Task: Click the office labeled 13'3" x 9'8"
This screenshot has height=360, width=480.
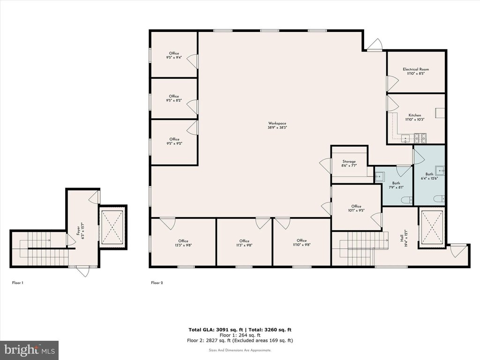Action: click(183, 243)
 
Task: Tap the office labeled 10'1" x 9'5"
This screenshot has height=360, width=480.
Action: click(356, 208)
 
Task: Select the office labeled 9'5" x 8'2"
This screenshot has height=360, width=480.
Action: click(174, 98)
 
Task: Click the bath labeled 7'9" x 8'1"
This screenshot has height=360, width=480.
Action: click(396, 185)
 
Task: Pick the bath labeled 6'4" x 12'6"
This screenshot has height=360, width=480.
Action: click(429, 176)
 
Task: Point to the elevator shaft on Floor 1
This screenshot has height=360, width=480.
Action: click(112, 227)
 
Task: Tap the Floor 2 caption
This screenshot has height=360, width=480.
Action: click(157, 283)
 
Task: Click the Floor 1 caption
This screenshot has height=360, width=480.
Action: click(18, 283)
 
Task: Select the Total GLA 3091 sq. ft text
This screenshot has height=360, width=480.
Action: click(216, 330)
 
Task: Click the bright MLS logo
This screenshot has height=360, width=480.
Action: click(30, 350)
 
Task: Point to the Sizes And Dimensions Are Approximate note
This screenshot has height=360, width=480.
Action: click(240, 350)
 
